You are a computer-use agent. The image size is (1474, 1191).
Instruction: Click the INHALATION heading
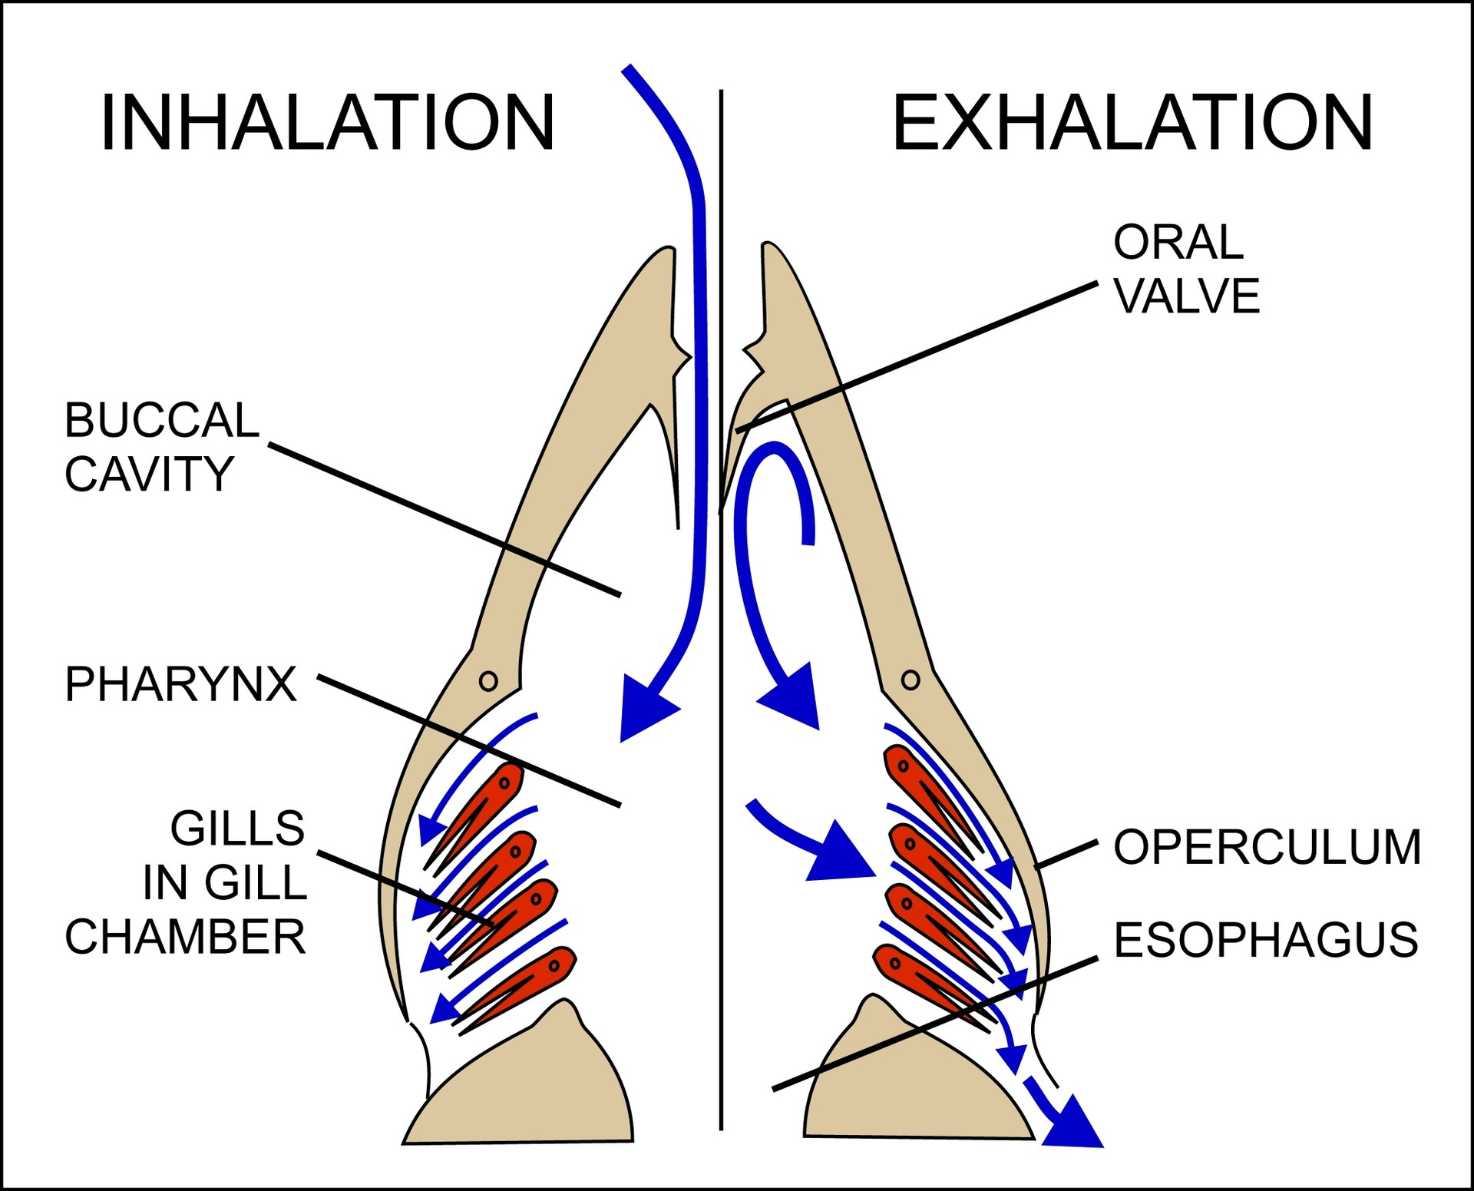pyautogui.click(x=327, y=123)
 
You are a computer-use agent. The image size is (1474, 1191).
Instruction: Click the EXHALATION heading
pyautogui.click(x=1132, y=123)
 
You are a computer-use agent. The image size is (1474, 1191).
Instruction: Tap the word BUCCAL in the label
pyautogui.click(x=162, y=420)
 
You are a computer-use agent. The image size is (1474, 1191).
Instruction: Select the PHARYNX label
pyautogui.click(x=180, y=683)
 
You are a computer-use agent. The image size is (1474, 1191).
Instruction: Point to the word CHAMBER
pyautogui.click(x=185, y=937)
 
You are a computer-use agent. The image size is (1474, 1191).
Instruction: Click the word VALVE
pyautogui.click(x=1187, y=296)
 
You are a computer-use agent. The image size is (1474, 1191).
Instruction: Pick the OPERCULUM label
pyautogui.click(x=1267, y=847)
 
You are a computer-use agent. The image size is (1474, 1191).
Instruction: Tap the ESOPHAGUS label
pyautogui.click(x=1265, y=940)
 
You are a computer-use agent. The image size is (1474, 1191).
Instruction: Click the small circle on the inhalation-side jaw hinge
pyautogui.click(x=488, y=680)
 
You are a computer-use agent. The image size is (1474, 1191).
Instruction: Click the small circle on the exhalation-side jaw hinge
pyautogui.click(x=911, y=680)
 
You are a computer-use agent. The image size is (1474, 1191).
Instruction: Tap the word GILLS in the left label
pyautogui.click(x=237, y=829)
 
